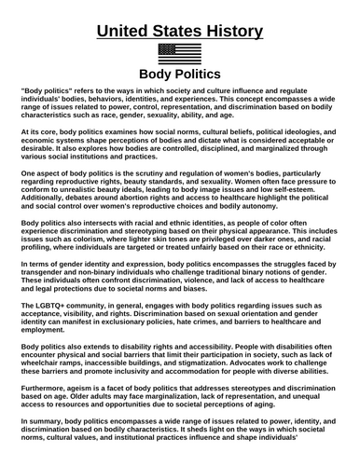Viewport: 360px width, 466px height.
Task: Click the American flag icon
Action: tap(180, 53)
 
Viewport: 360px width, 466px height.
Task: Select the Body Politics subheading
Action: tap(180, 74)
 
